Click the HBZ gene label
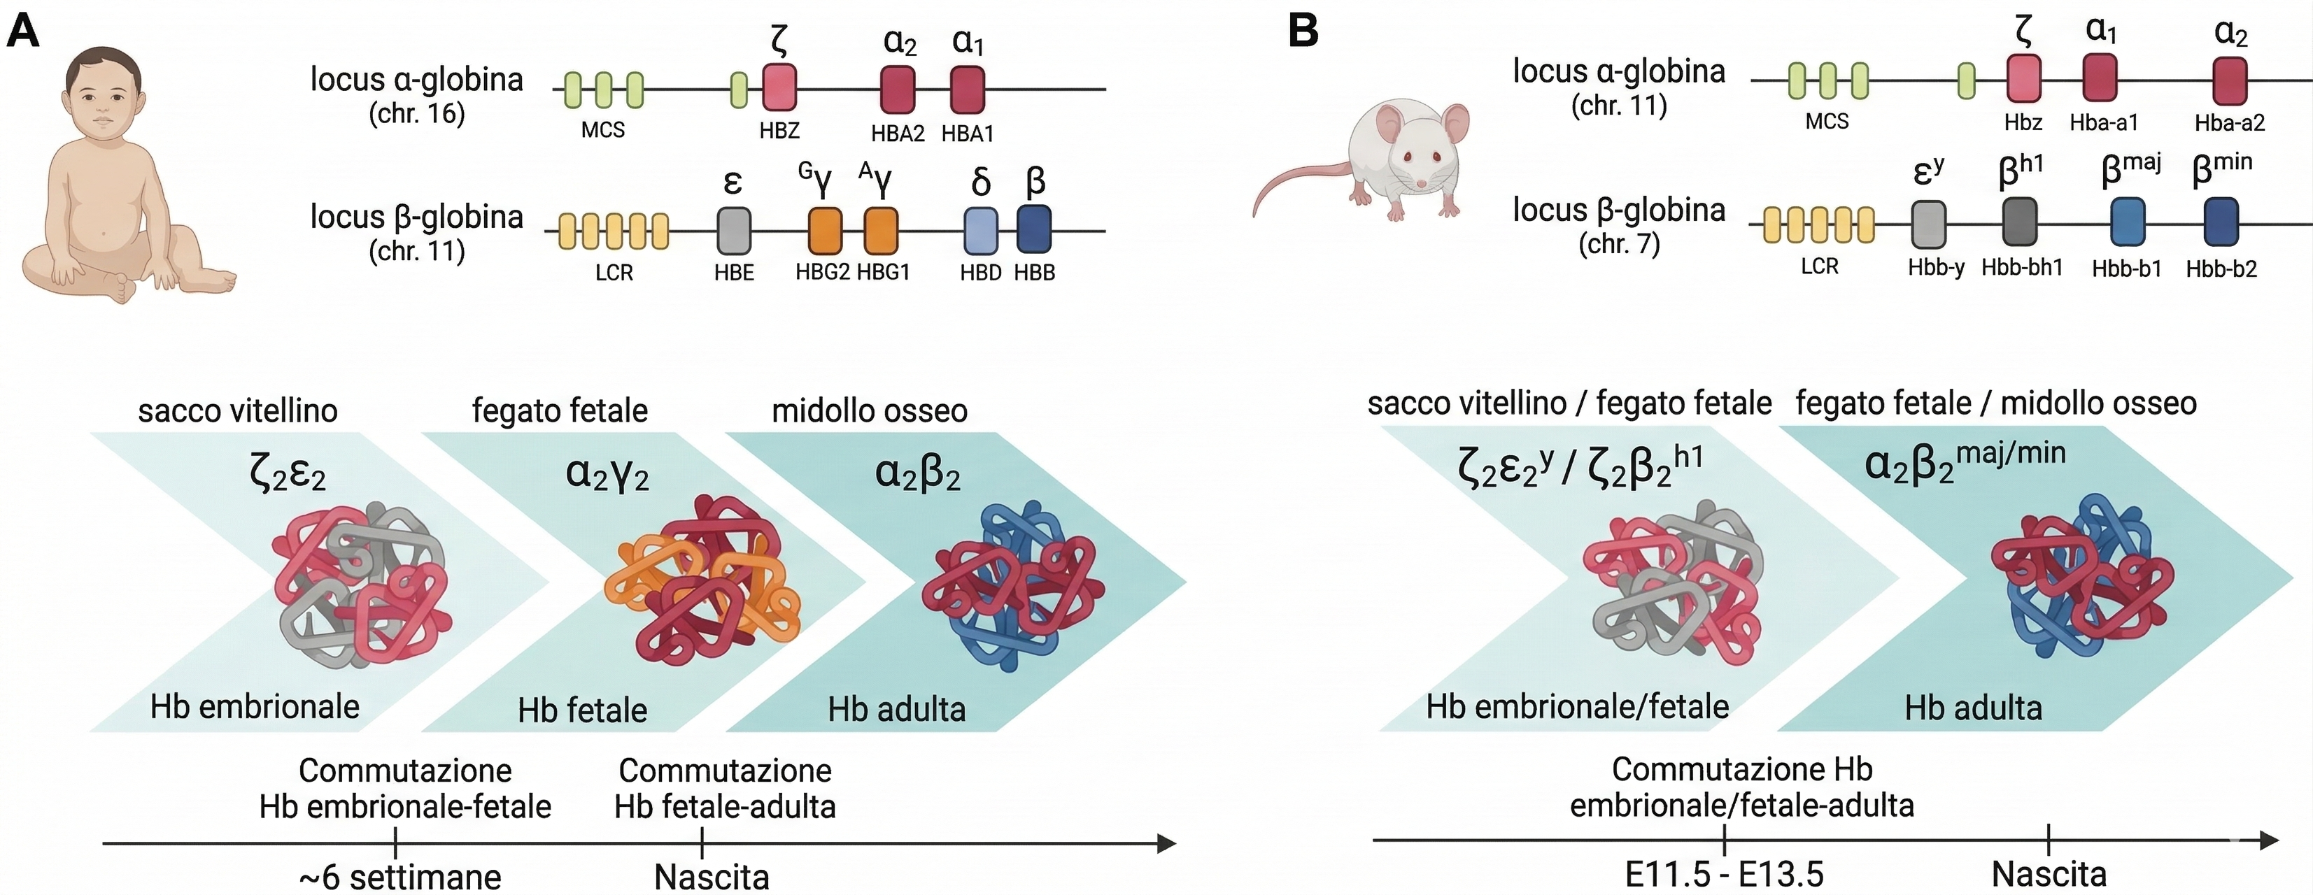(x=779, y=131)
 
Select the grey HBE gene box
(x=734, y=231)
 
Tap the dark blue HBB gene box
(x=1034, y=230)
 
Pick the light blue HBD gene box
(x=980, y=231)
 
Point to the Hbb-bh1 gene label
(x=2022, y=268)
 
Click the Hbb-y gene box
(x=1930, y=224)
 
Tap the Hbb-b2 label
(x=2221, y=268)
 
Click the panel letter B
(x=1303, y=31)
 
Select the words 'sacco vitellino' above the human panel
(x=238, y=411)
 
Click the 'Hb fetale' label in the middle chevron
(x=583, y=710)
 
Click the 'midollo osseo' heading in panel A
(x=869, y=411)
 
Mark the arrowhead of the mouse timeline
(x=2269, y=840)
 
